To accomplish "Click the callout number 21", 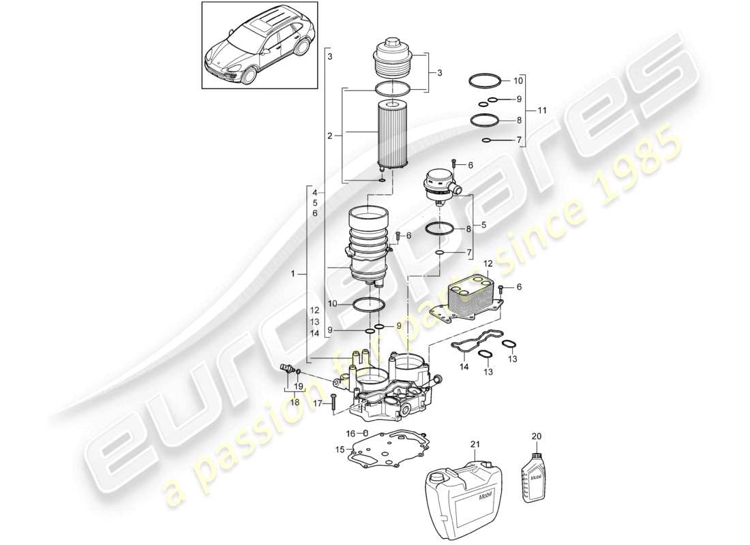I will pos(475,443).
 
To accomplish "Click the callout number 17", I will pos(318,403).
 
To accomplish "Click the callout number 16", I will pos(351,433).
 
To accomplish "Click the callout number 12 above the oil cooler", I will pos(487,264).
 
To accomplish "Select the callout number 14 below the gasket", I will pos(464,367).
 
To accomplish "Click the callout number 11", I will pos(542,110).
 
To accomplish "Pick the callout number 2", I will pos(329,136).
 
